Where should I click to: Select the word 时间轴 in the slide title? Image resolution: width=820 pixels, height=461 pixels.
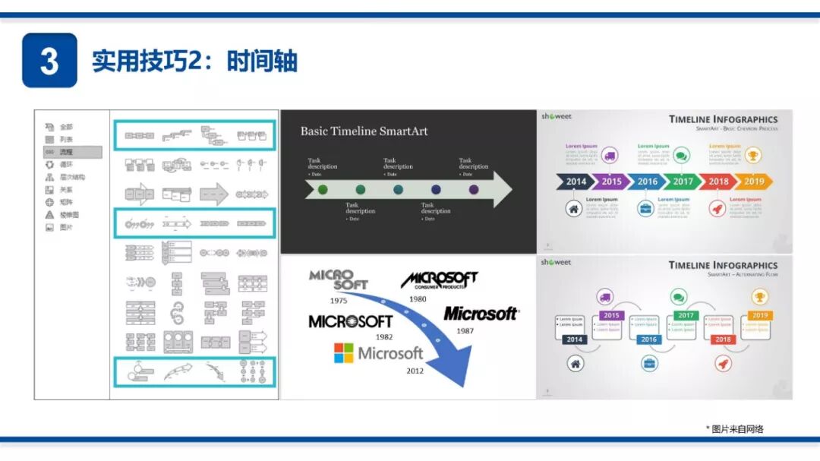[x=262, y=62]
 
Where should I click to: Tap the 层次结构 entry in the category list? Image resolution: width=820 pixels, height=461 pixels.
[x=72, y=177]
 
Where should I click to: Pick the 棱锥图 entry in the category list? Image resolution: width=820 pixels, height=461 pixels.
[x=69, y=215]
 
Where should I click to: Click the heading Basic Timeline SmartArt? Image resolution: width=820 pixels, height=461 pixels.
[x=364, y=131]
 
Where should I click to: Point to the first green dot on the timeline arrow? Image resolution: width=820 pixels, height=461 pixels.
[x=323, y=189]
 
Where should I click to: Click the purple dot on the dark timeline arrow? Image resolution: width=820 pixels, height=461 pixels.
[x=474, y=189]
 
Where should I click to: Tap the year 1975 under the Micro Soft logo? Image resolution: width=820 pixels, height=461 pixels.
[x=339, y=301]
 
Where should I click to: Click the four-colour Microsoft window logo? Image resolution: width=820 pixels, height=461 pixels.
[x=344, y=353]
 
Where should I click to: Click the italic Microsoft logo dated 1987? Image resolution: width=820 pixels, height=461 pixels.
[x=481, y=313]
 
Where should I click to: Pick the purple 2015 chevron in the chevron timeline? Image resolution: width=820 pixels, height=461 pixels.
[x=611, y=182]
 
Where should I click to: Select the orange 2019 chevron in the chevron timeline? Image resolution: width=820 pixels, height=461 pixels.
[x=753, y=182]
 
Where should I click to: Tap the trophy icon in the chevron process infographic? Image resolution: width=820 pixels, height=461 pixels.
[x=752, y=156]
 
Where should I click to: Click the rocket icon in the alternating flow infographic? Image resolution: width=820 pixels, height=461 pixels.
[x=723, y=364]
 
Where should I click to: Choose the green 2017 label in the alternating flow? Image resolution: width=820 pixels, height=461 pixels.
[x=686, y=315]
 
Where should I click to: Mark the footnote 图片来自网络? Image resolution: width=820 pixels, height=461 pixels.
[x=737, y=429]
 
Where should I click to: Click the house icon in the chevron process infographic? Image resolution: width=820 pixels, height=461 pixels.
[x=574, y=208]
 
